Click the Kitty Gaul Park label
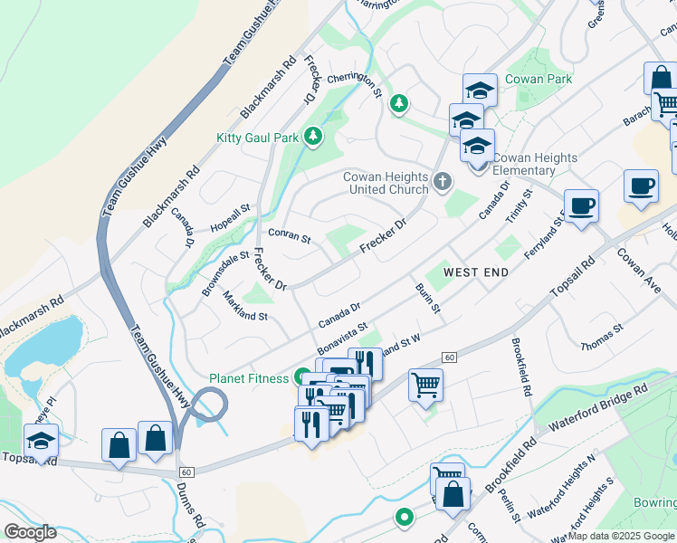(x=257, y=138)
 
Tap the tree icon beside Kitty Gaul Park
(x=313, y=137)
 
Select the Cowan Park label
(x=538, y=80)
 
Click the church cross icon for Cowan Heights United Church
(x=442, y=182)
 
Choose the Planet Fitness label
(x=248, y=378)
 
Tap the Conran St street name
(x=290, y=239)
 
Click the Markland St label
(x=245, y=310)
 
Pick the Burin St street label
(x=427, y=298)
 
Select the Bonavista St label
(x=342, y=339)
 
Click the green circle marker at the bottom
(x=404, y=518)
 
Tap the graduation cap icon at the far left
(x=41, y=441)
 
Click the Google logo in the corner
(x=30, y=531)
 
